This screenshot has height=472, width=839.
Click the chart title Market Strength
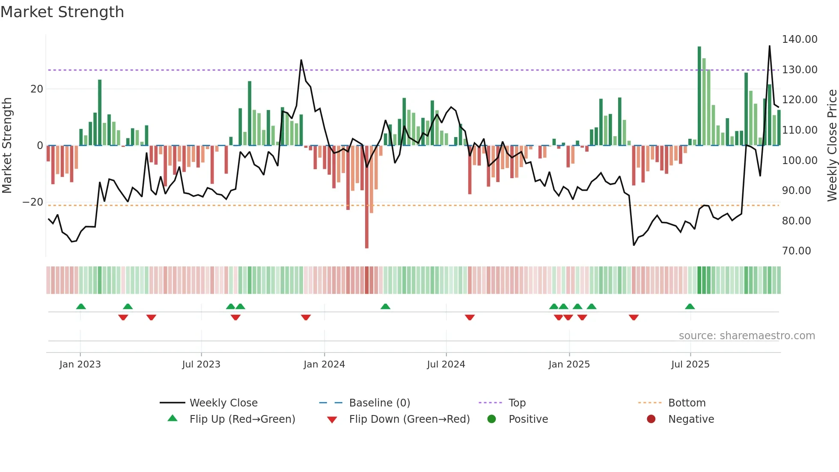(62, 12)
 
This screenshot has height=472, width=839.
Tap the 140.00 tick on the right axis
(799, 39)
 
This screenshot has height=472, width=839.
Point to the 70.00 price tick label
(796, 251)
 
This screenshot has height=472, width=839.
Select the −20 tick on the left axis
(33, 202)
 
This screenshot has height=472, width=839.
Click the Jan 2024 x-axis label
(324, 364)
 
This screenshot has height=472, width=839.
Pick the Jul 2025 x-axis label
(690, 364)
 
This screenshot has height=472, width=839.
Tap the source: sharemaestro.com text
(747, 336)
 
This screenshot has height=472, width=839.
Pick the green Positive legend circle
(491, 419)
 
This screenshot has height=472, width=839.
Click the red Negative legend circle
(651, 419)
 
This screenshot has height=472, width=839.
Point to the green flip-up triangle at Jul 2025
(690, 306)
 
